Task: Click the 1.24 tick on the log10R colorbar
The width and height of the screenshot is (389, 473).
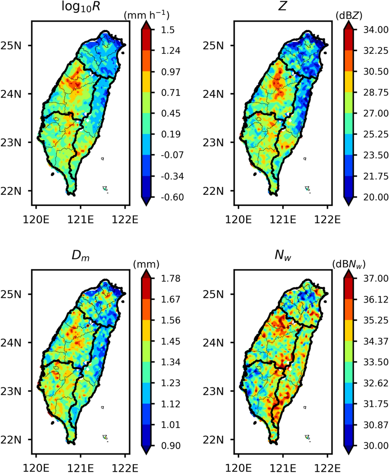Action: (x=165, y=51)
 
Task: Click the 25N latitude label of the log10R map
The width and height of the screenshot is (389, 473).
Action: (x=15, y=45)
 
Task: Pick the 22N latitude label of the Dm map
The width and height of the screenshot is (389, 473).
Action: (x=15, y=439)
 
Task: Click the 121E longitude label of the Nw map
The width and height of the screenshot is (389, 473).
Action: (x=283, y=468)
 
